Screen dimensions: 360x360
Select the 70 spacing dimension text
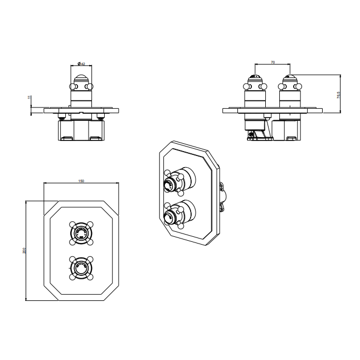[x=273, y=62]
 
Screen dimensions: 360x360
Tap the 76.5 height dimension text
[x=338, y=95]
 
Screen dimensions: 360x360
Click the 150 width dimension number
[x=82, y=181]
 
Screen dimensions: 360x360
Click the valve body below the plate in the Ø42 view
[x=82, y=130]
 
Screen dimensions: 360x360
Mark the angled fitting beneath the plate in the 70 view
[x=254, y=133]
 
